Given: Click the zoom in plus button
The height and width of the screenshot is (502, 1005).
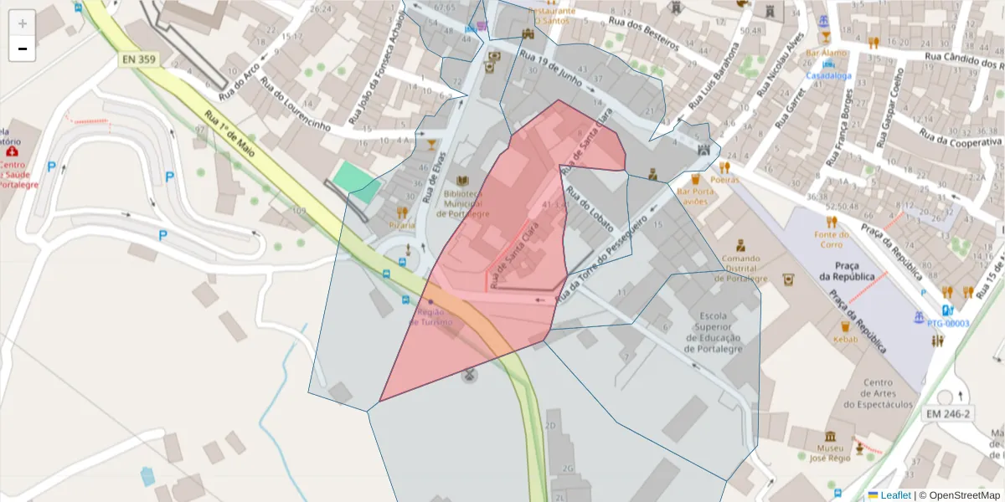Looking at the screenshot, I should pos(23,23).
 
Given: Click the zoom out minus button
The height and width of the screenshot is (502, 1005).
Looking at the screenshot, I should pos(23,49).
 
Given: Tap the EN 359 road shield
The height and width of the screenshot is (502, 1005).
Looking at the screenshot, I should pos(139,59).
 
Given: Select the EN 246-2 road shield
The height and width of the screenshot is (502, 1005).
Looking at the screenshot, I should pos(947,414).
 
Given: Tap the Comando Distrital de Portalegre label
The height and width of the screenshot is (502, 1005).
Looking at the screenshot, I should pos(740,268).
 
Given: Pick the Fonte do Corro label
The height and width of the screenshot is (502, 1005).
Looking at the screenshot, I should pos(831,239).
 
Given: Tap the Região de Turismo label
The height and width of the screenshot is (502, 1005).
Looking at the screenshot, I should pos(430,316).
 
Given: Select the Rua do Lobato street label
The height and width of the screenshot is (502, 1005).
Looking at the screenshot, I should pos(590,209).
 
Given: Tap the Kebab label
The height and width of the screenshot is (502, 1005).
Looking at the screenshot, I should pos(846,340).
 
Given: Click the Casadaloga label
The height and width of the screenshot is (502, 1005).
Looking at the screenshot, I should pos(828,75).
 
